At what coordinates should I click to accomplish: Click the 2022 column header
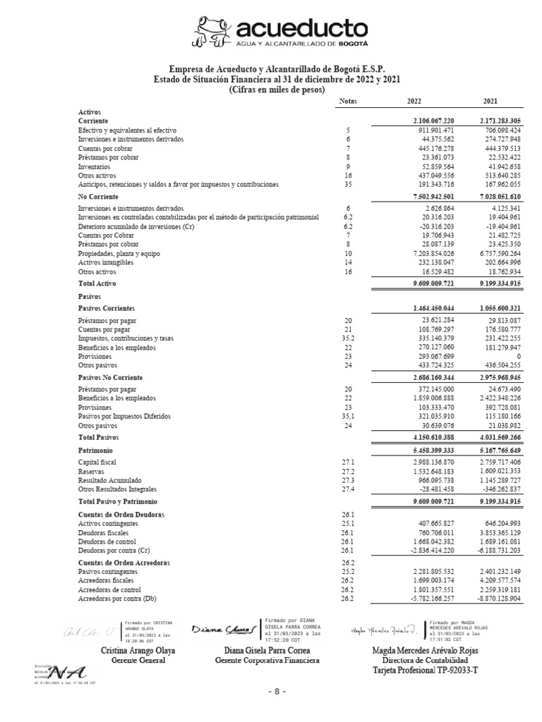[x=414, y=102]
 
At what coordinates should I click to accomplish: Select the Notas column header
[x=348, y=102]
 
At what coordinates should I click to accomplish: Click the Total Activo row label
[x=97, y=283]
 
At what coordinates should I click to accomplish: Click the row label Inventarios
[x=94, y=166]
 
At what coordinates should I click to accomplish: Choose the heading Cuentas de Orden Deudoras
[x=121, y=515]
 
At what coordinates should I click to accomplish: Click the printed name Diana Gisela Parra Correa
[x=267, y=650]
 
